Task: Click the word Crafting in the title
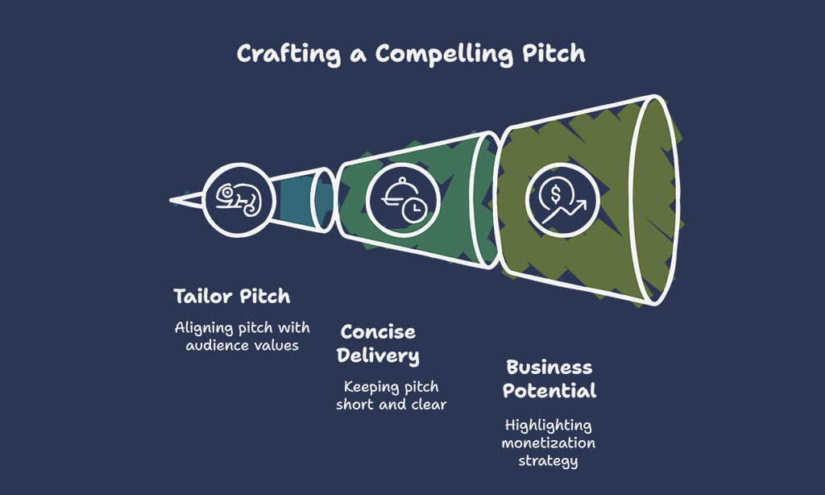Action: coord(288,54)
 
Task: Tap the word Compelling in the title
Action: coord(444,54)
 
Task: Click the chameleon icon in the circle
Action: coord(238,200)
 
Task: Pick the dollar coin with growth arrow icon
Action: coord(562,200)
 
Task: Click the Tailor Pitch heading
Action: coord(232,296)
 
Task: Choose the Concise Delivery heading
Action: coord(379,343)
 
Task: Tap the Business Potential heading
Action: coord(549,379)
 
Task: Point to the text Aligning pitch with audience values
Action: coord(242,336)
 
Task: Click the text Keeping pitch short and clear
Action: coord(391,396)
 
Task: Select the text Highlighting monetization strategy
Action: coord(548,443)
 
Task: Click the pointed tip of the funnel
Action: coord(171,200)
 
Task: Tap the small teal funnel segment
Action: coord(303,200)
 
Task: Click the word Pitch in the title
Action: coord(553,54)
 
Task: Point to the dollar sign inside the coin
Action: coord(556,194)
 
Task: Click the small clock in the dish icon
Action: coord(415,210)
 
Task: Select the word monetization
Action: coord(548,443)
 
